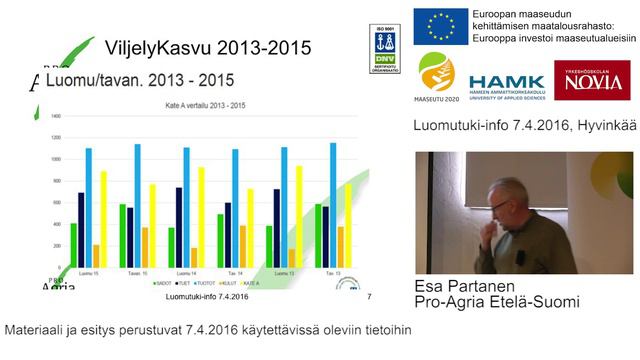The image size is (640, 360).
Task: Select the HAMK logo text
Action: (506, 81)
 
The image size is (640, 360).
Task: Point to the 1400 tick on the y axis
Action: (55, 117)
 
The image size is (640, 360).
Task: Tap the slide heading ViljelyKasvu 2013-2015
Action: (208, 47)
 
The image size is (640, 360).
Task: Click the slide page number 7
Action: (370, 296)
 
